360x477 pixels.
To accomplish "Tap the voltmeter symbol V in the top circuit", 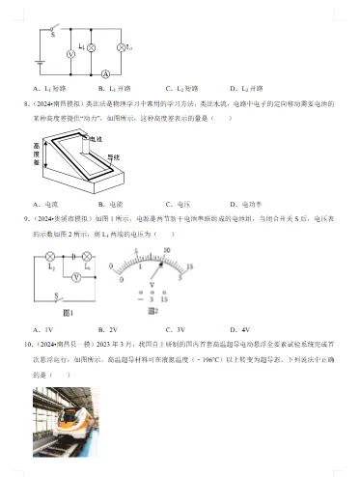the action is [69, 56].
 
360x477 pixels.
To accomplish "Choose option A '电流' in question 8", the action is [48, 205].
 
